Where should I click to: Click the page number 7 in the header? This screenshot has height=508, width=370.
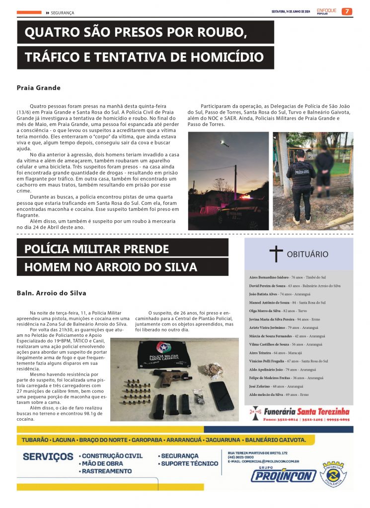click(x=347, y=11)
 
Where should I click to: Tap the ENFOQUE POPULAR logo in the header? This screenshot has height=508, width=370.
click(x=326, y=11)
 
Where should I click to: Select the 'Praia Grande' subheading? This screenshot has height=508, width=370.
click(x=38, y=88)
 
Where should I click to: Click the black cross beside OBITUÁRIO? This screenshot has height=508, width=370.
click(x=276, y=254)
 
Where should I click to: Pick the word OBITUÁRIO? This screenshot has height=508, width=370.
click(x=307, y=254)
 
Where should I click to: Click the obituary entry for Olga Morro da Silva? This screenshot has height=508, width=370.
click(x=278, y=311)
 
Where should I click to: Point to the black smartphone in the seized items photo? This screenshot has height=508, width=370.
click(x=221, y=395)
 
